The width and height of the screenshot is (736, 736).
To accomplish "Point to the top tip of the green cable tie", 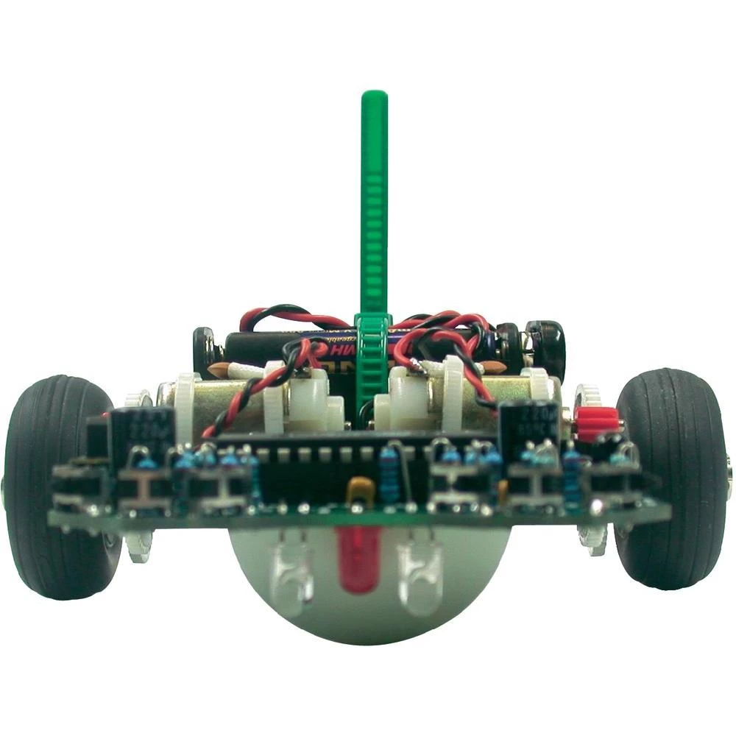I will pyautogui.click(x=375, y=96).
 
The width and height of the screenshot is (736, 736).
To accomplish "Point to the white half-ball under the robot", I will pyautogui.click(x=368, y=604).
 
